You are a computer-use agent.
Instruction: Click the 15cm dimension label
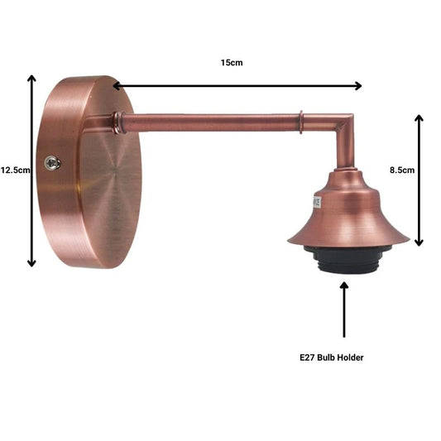[232, 62]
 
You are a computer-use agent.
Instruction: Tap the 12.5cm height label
[15, 170]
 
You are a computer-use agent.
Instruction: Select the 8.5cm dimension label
[402, 170]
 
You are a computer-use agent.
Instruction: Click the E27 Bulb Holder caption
[331, 357]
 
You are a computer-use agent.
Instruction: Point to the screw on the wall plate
[53, 162]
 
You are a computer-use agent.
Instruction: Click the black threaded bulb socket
[348, 259]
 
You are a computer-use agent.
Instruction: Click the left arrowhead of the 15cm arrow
[117, 86]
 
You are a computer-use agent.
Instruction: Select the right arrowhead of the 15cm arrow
[358, 86]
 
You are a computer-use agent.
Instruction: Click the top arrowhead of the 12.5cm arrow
[31, 79]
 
